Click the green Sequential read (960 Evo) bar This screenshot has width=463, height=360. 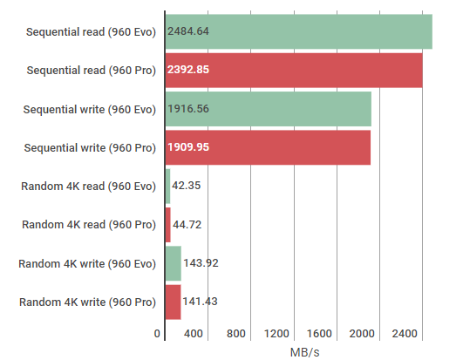pos(298,31)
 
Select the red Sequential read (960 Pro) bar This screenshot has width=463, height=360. pos(294,71)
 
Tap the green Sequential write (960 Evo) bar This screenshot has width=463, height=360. pos(268,109)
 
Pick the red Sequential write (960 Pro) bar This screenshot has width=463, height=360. pos(268,147)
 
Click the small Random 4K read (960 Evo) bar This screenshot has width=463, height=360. pos(167,187)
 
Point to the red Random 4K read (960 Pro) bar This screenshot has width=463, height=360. pos(168,225)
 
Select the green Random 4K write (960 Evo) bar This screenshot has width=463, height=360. pos(173,263)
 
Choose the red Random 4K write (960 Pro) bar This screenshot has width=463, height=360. pos(173,302)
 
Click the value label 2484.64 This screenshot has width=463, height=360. pos(188,31)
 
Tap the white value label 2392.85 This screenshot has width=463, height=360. pos(188,70)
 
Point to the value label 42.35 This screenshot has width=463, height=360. pos(187,186)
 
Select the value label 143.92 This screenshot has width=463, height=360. pos(201,263)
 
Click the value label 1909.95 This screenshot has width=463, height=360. pos(188,147)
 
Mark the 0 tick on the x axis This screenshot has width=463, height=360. pos(157,334)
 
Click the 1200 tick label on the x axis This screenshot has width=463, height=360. pos(276,334)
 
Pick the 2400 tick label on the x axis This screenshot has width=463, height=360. pos(405,334)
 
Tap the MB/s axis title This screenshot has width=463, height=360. pos(304,352)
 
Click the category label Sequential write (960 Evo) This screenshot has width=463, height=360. pos(90,110)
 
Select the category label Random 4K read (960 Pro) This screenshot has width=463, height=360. pos(89,225)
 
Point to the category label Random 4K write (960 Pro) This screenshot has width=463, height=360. pos(87,302)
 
